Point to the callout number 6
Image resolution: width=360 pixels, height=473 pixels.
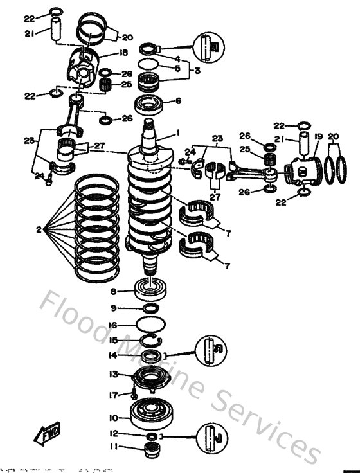tap(178, 101)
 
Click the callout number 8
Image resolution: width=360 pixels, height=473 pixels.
tap(113, 290)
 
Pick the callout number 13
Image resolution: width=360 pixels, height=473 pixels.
tap(113, 373)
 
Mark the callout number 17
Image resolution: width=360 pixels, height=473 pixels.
tap(113, 395)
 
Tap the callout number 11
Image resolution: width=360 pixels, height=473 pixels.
tap(113, 447)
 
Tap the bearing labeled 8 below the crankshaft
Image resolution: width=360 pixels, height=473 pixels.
tap(151, 289)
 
